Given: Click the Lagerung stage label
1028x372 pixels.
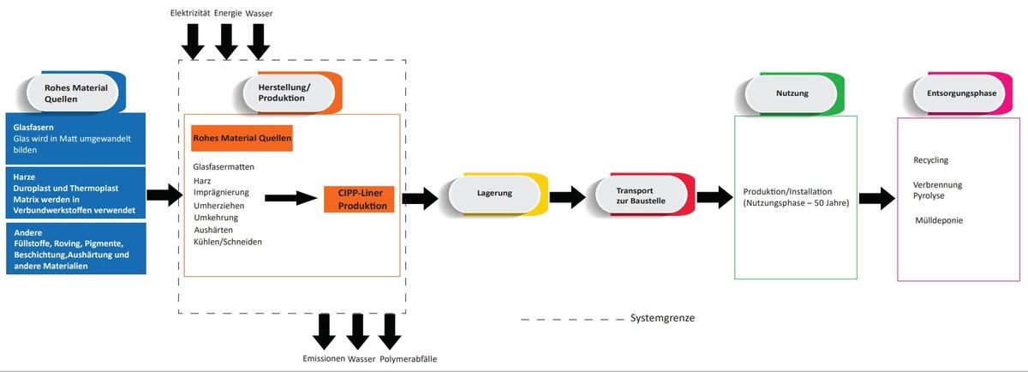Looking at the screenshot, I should (494, 193).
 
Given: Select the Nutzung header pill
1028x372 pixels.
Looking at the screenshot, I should (792, 93).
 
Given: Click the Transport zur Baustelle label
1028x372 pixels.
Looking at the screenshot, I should (641, 194).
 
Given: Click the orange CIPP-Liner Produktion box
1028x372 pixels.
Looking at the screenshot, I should (359, 200).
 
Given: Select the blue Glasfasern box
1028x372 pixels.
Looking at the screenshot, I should (75, 137).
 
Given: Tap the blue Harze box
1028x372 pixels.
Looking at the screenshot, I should (75, 192).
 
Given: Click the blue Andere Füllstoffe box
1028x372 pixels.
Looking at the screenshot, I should (75, 249).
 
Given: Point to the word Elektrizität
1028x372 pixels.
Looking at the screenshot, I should (190, 14).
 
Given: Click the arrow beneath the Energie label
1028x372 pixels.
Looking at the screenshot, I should (226, 39).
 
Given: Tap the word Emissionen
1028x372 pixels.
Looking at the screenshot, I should (323, 358).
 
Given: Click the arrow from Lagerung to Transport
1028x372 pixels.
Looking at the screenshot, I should (567, 198).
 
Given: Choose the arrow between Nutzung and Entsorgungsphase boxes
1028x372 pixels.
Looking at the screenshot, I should (876, 198).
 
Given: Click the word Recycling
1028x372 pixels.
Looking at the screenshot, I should (931, 160).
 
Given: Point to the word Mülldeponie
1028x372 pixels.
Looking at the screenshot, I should (939, 220).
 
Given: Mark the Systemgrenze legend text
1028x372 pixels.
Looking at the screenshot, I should (662, 318).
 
